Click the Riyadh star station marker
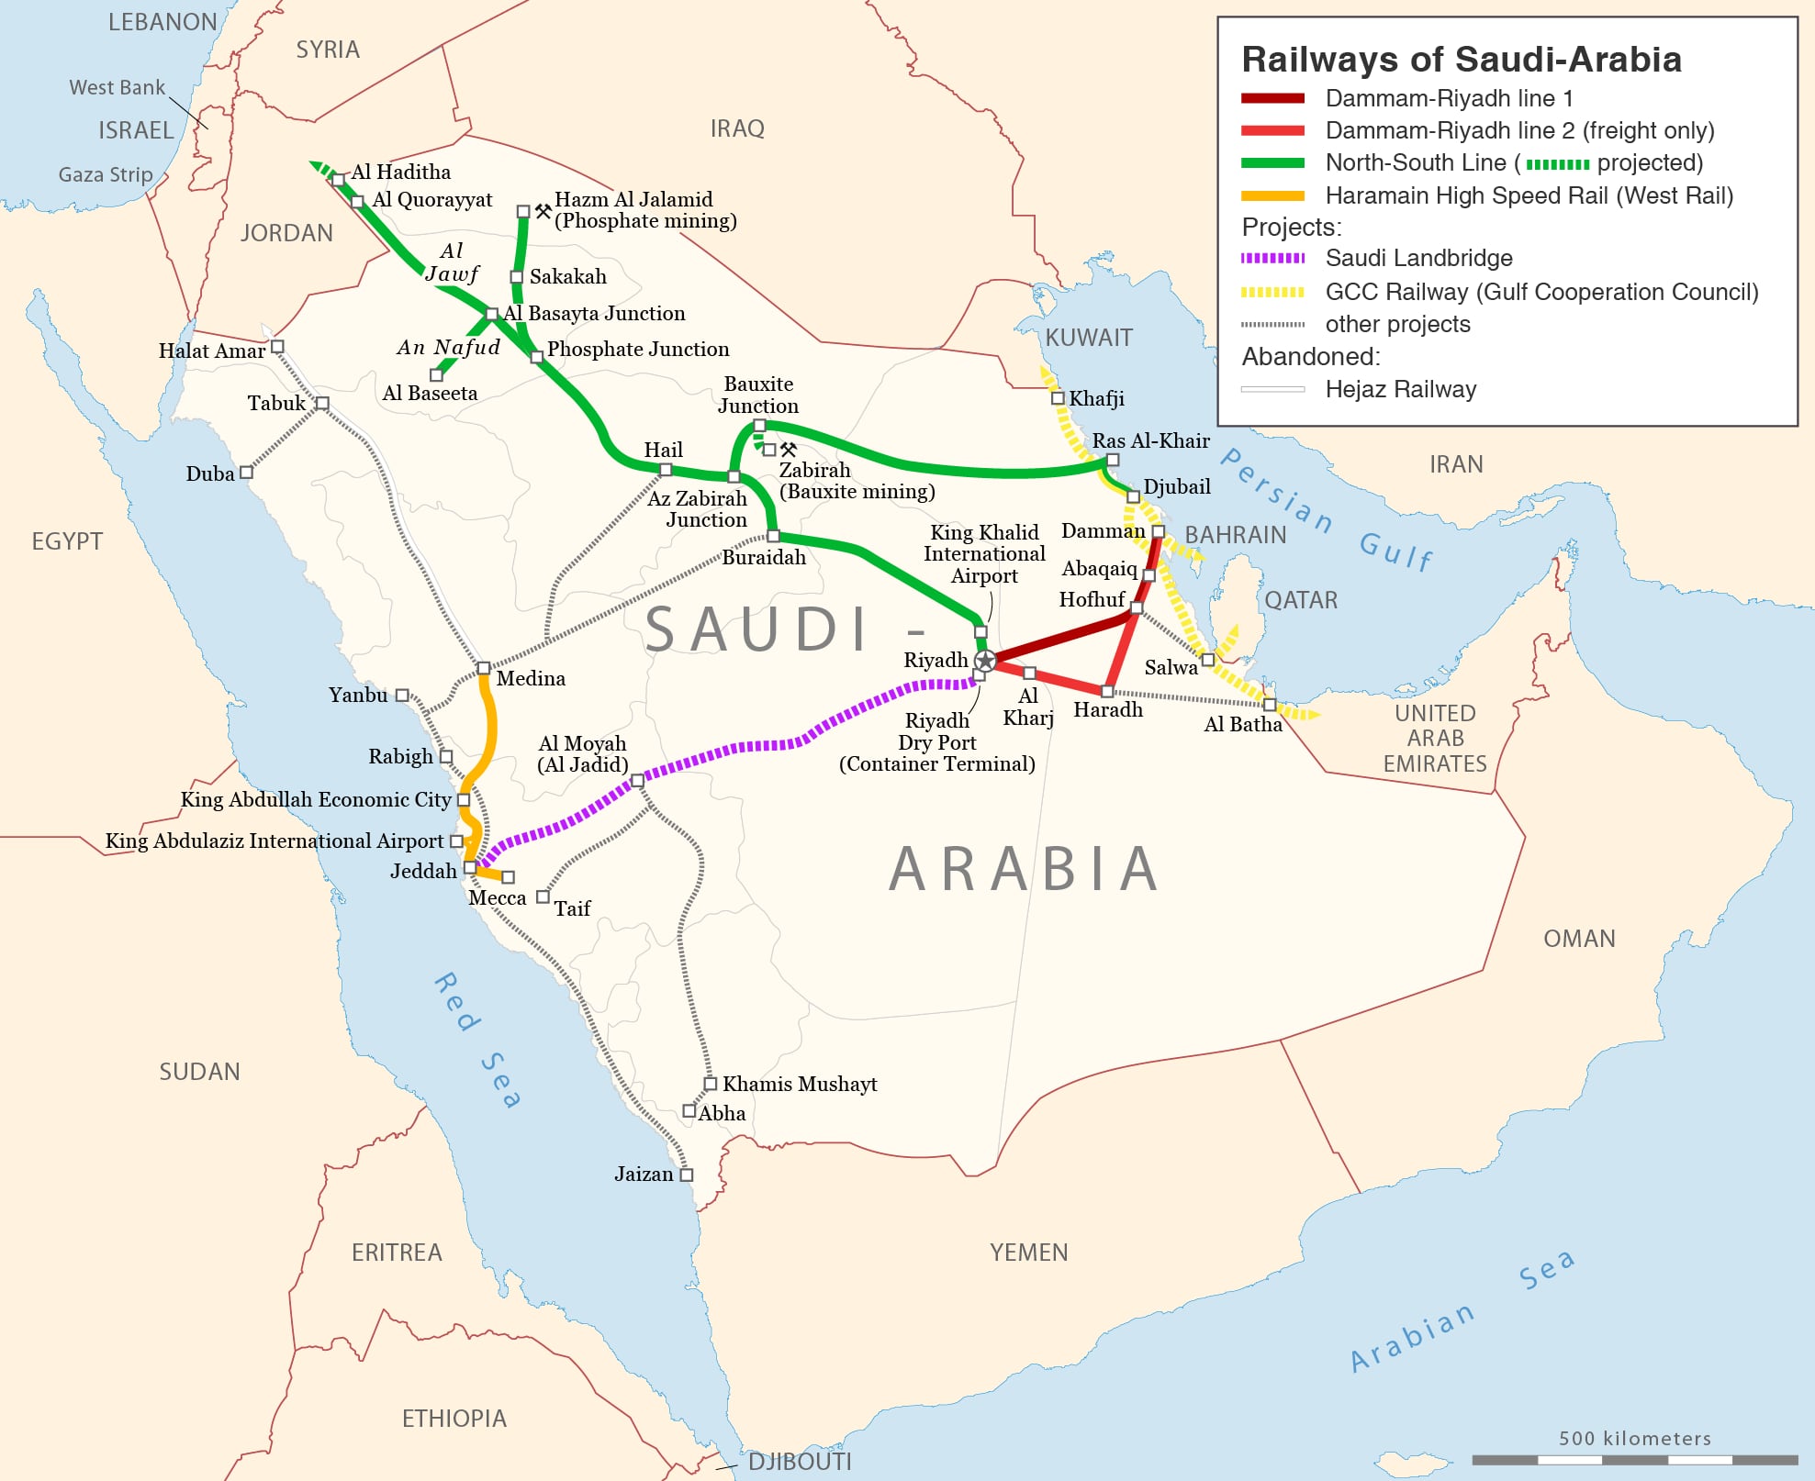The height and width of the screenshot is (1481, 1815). coord(985,660)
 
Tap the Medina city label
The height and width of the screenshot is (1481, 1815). coord(531,679)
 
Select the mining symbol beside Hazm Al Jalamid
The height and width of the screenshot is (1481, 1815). coord(543,211)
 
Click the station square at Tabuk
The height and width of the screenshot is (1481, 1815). coord(322,403)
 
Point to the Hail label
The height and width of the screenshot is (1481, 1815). coord(663,450)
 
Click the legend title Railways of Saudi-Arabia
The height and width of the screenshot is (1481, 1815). coord(1461,60)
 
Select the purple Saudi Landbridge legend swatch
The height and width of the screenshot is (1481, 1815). coord(1272,259)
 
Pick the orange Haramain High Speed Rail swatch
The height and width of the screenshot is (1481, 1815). coord(1272,195)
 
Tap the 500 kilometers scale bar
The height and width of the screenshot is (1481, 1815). coord(1634,1459)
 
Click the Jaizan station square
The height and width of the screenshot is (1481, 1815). coord(686,1175)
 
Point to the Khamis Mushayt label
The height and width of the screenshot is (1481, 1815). coord(799,1085)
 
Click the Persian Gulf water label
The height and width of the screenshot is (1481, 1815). coord(1326,509)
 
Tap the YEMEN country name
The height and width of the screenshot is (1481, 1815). coord(1028,1253)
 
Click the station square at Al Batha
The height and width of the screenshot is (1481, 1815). coord(1269,705)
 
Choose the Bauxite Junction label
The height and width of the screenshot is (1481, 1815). coord(758,395)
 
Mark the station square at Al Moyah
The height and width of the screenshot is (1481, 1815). coord(637,781)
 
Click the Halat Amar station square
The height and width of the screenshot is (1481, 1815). coord(277,347)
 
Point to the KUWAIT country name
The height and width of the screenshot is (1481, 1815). coord(1089,338)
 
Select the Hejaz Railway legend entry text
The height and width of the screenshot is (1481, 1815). coord(1400,390)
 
